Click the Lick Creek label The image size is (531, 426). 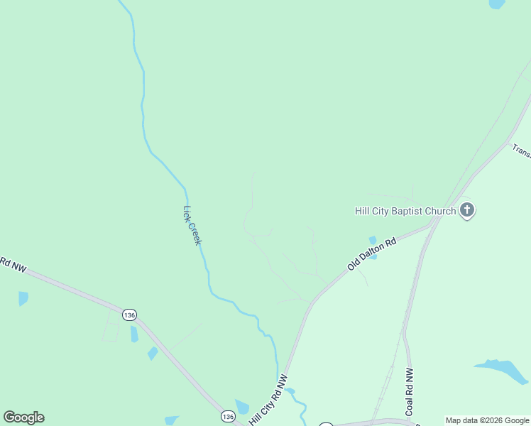coord(192,225)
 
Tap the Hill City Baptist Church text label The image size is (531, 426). coord(405,211)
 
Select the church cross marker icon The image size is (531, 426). coord(467,210)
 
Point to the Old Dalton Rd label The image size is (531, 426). coord(371,253)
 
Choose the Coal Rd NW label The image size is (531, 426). coord(410,392)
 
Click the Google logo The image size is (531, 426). coord(24,417)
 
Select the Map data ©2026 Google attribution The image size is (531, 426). coord(488,420)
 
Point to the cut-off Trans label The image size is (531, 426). coord(521,151)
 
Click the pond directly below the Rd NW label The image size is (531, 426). coord(23,298)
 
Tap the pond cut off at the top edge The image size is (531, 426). coord(497,4)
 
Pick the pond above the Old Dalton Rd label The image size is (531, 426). coord(372,241)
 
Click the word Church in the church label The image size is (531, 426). coord(439,211)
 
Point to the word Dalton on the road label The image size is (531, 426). coord(375,251)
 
